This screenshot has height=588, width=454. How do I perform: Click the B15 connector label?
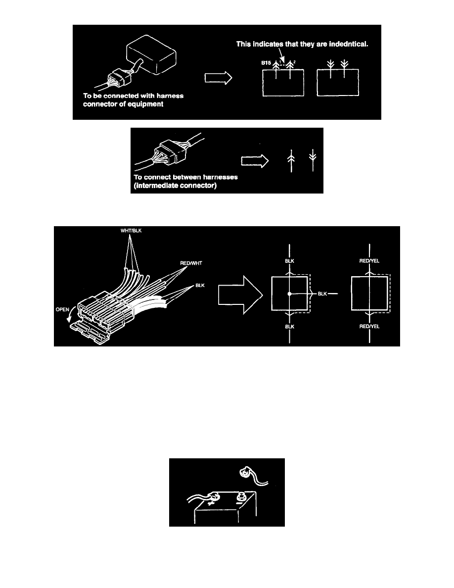click(x=266, y=63)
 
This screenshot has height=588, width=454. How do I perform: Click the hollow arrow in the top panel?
click(x=219, y=78)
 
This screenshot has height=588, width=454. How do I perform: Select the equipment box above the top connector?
click(x=151, y=55)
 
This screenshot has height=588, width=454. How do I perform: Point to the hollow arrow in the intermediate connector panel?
click(x=255, y=161)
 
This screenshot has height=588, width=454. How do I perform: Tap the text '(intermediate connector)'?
click(x=175, y=186)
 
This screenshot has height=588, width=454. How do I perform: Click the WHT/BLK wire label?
click(x=131, y=231)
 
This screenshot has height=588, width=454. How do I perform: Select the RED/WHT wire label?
click(x=191, y=263)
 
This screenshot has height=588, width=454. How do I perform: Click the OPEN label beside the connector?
click(x=62, y=309)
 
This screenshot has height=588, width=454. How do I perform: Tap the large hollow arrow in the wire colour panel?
click(x=240, y=295)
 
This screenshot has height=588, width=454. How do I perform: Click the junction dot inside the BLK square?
click(x=289, y=294)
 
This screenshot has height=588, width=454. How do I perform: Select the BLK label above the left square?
click(x=289, y=261)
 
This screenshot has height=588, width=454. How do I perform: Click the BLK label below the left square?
click(x=289, y=327)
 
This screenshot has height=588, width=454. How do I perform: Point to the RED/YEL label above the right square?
click(x=369, y=261)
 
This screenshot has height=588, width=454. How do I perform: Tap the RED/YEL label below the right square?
click(x=369, y=327)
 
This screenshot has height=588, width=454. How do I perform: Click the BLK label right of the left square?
click(x=322, y=294)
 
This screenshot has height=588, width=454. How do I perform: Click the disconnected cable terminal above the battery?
click(x=245, y=473)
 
